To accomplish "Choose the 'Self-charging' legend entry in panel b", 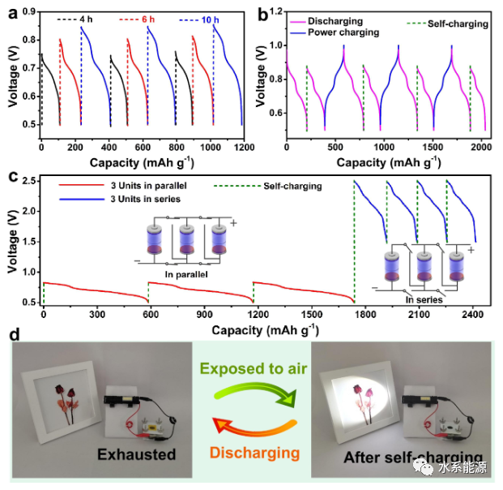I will pos(458,24).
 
